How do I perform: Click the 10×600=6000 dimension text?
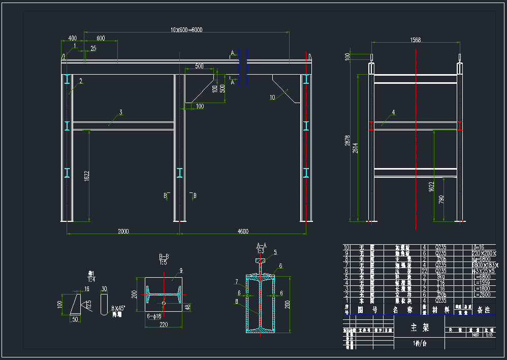pyautogui.click(x=186, y=29)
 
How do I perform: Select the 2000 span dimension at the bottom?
pyautogui.click(x=123, y=232)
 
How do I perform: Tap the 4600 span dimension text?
pyautogui.click(x=243, y=232)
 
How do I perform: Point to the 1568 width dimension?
pyautogui.click(x=416, y=40)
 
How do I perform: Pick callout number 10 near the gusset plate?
pyautogui.click(x=273, y=97)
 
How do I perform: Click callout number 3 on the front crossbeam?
pyautogui.click(x=121, y=112)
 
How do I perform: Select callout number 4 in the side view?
pyautogui.click(x=393, y=112)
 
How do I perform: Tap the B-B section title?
pyautogui.click(x=164, y=256)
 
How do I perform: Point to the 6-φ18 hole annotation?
pyautogui.click(x=153, y=316)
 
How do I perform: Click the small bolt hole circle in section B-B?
pyautogui.click(x=164, y=304)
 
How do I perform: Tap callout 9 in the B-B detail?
pyautogui.click(x=180, y=271)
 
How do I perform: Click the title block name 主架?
pyautogui.click(x=420, y=328)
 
